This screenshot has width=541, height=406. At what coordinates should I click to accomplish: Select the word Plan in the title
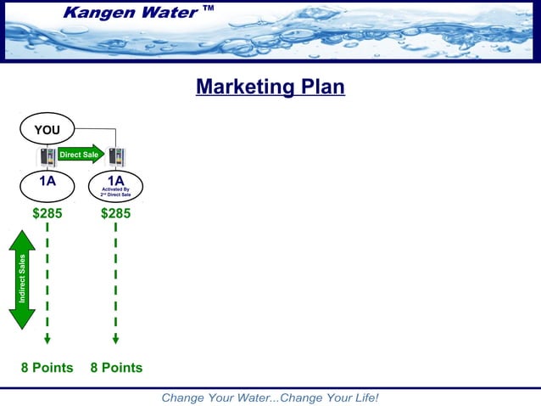[321, 87]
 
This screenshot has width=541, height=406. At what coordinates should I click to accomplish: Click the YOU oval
[47, 130]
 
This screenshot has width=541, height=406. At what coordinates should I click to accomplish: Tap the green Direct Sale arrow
[81, 155]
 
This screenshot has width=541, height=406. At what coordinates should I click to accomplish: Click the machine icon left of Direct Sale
[47, 156]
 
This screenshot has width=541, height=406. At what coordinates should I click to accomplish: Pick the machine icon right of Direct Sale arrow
[116, 157]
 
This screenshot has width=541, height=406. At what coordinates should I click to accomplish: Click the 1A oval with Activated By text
[115, 186]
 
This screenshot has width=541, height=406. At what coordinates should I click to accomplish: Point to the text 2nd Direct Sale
[115, 195]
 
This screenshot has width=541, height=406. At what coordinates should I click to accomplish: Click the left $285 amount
[47, 213]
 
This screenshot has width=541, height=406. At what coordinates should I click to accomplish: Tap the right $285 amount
[115, 213]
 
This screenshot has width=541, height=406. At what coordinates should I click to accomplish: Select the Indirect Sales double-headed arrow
[22, 279]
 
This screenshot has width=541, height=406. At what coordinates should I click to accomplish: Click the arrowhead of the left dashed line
[47, 339]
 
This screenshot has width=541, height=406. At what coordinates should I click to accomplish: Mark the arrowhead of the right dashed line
[115, 339]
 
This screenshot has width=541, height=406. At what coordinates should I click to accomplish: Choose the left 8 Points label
[47, 368]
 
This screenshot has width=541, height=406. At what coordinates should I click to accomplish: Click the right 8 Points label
[116, 368]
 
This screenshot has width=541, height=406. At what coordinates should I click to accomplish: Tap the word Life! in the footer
[361, 398]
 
